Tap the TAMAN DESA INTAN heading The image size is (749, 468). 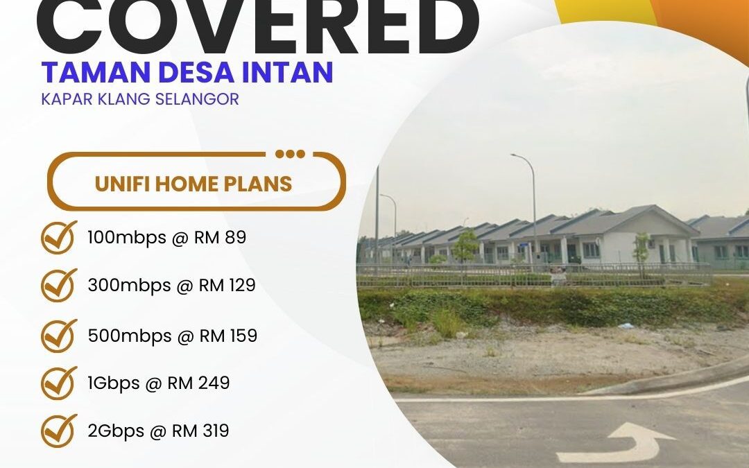tap(187, 72)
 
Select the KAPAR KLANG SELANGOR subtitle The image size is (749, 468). tap(139, 99)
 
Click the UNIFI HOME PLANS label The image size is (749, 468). tap(193, 184)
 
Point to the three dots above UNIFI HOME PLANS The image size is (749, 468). tap(290, 154)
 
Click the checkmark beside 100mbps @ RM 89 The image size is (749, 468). tap(59, 238)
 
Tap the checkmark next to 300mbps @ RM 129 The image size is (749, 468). tap(59, 285)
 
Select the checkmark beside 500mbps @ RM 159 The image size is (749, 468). tap(59, 336)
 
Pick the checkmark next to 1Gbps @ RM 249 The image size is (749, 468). tap(59, 383)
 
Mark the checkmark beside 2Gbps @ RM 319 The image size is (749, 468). tap(59, 431)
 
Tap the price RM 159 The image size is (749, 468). tap(228, 336)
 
